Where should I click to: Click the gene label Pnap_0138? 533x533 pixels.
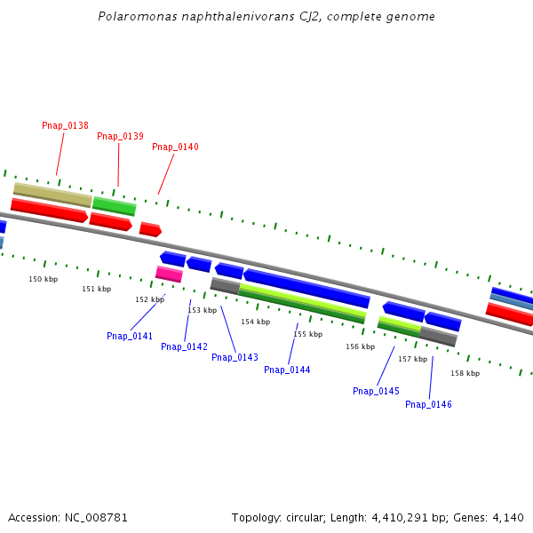65,126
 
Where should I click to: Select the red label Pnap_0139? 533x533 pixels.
120,137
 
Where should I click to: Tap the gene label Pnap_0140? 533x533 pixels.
175,147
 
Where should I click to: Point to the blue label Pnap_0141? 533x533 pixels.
130,337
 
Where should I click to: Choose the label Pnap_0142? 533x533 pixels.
184,347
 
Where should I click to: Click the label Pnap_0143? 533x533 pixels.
235,358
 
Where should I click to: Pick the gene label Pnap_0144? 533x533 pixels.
287,370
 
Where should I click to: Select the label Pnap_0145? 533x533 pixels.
376,392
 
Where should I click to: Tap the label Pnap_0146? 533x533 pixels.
428,405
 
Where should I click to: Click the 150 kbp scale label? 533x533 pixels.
44,280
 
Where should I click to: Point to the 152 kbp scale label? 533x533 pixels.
149,300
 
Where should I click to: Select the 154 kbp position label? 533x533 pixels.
255,322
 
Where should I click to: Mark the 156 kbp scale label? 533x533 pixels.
360,347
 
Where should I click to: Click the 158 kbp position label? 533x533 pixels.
465,374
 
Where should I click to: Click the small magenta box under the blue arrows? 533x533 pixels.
169,274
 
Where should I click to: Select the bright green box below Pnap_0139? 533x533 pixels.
114,206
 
